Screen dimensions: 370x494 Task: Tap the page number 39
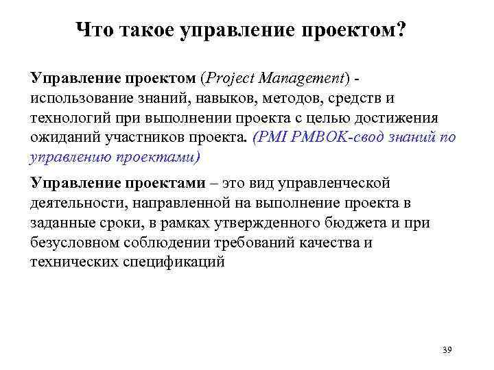[447, 350]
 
